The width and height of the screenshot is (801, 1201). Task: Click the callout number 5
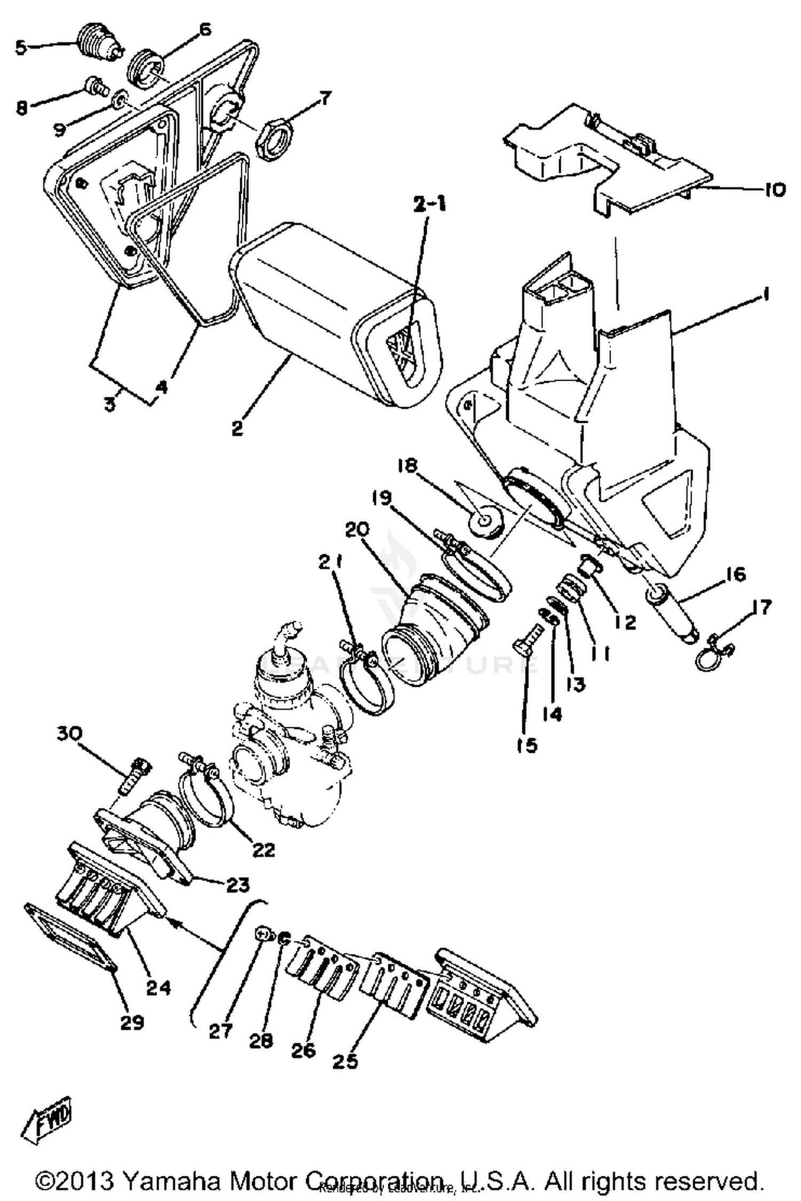tap(20, 48)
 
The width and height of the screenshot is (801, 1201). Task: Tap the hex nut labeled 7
tap(274, 139)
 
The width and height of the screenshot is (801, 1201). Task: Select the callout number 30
tap(70, 734)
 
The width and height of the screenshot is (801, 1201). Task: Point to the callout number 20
tap(357, 530)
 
